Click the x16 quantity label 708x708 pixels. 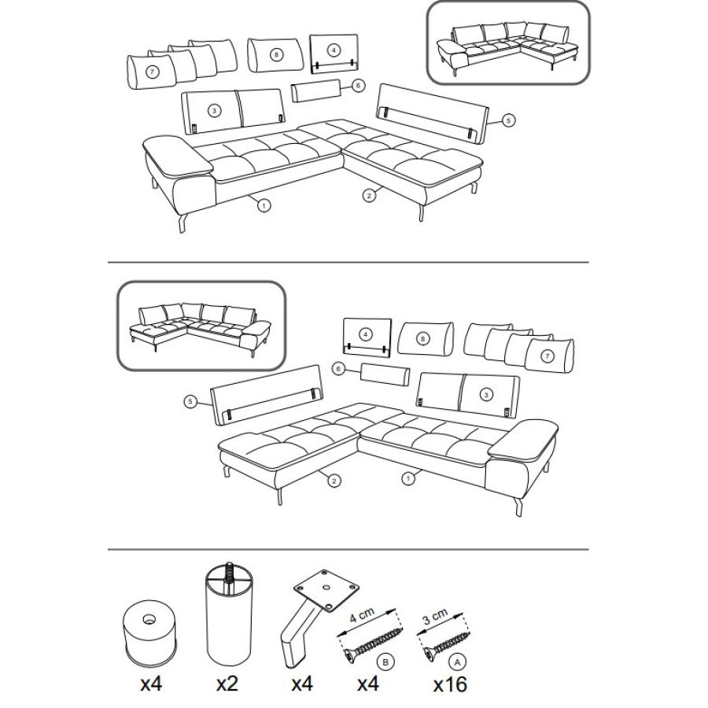pos(450,684)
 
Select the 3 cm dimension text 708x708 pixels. pos(435,617)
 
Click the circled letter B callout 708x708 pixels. pos(385,662)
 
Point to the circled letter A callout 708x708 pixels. pos(458,662)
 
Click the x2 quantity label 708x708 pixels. pos(227,684)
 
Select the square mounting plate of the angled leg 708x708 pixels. pos(326,590)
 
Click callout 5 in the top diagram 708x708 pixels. pos(508,120)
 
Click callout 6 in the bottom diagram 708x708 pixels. pos(338,369)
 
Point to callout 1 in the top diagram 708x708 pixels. pos(264,205)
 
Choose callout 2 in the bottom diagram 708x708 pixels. pos(334,481)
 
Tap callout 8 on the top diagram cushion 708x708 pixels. pos(276,55)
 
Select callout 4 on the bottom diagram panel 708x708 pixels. pos(366,334)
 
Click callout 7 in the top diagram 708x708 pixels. pos(153,72)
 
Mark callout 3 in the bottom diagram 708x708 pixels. pos(486,395)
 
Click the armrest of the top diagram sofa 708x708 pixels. pos(178,156)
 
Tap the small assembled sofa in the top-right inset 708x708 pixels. pos(508,47)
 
